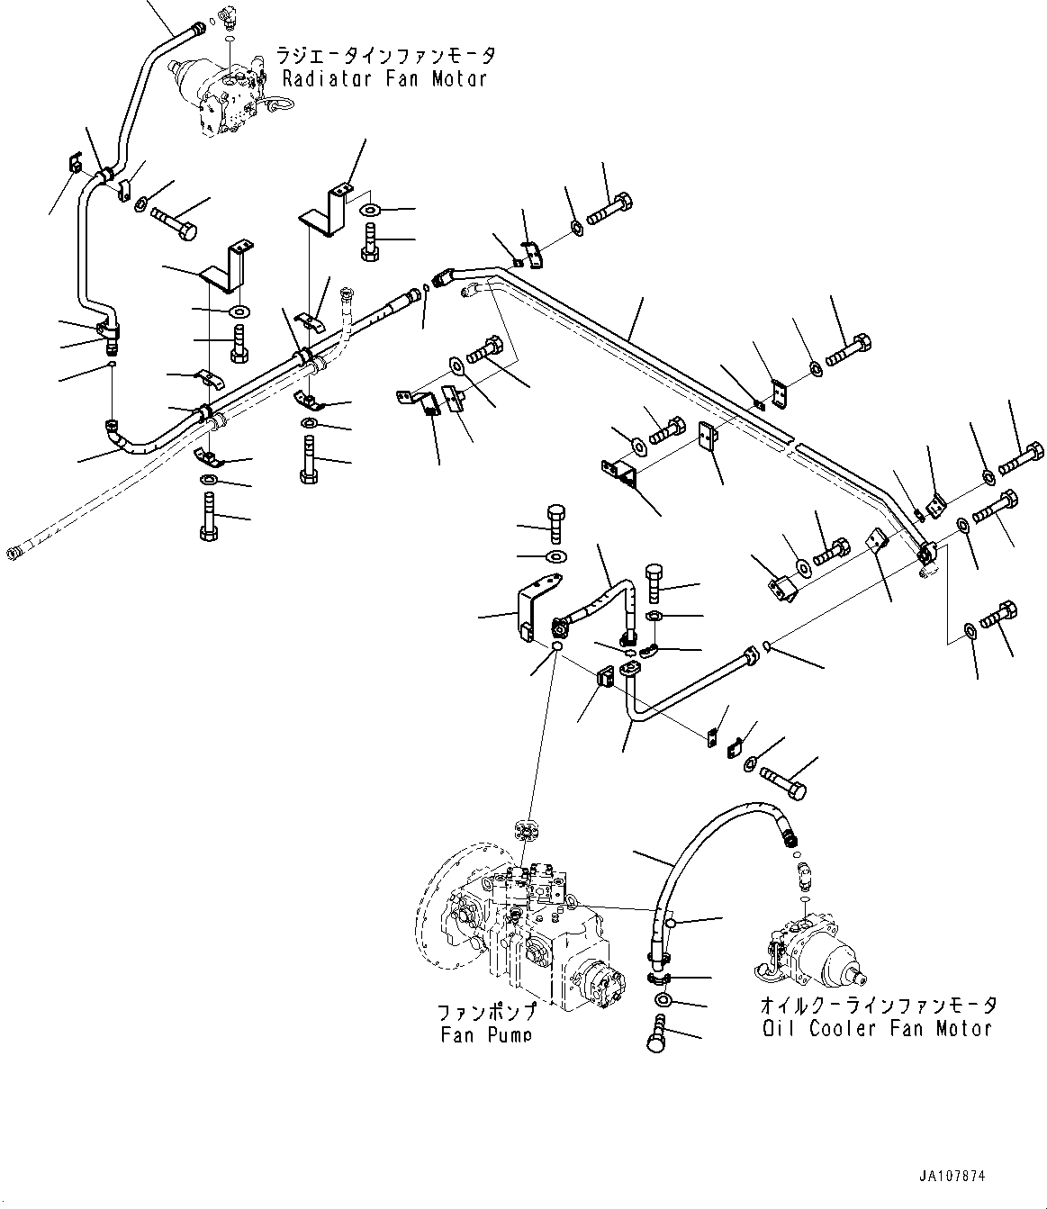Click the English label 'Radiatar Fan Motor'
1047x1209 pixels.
[x=384, y=78]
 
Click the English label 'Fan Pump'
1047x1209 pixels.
[x=485, y=1034]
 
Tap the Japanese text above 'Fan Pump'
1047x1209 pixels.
[x=487, y=1011]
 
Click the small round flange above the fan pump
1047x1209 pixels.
[x=525, y=831]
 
